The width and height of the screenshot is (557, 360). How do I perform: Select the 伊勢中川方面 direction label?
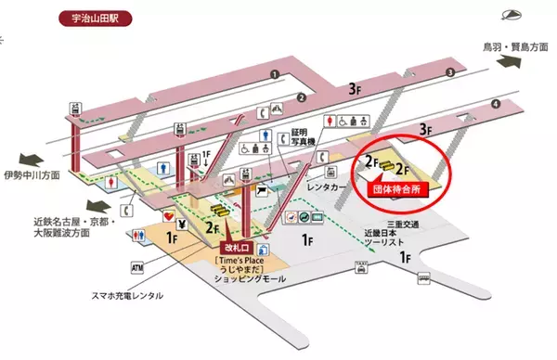32,174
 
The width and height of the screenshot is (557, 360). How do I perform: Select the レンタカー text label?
327,186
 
